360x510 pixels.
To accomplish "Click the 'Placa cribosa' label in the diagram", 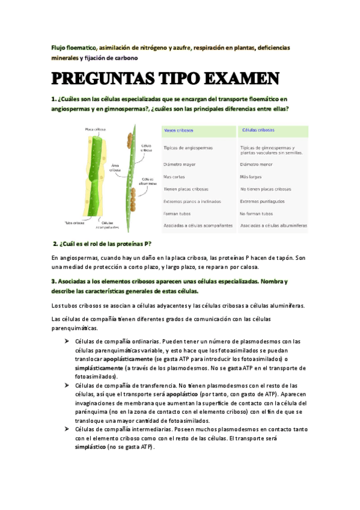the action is click(x=95, y=129).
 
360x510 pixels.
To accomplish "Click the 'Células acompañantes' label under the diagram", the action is click(x=109, y=226).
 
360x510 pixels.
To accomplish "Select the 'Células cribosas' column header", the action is click(x=258, y=130).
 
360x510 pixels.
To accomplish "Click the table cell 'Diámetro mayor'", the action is click(x=179, y=164).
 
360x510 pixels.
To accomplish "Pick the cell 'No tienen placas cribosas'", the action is click(x=266, y=189).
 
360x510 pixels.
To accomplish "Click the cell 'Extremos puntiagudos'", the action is click(x=262, y=201).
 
